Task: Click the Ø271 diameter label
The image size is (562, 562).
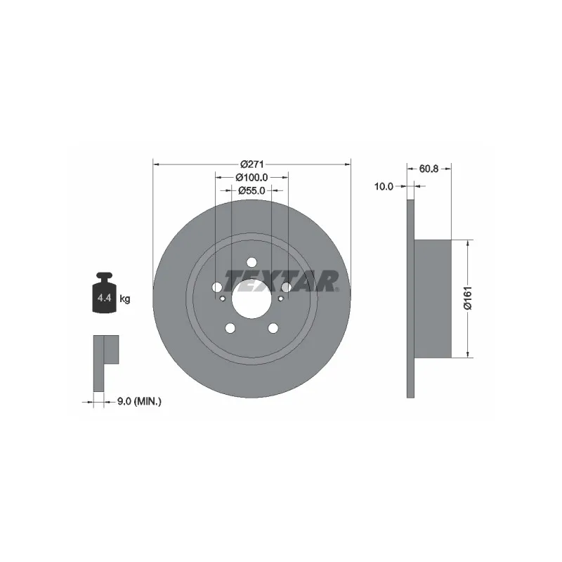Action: (x=252, y=164)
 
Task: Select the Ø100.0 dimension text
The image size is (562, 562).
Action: (x=251, y=178)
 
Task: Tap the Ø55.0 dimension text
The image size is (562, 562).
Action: (x=251, y=190)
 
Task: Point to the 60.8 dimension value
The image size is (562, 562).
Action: (x=429, y=169)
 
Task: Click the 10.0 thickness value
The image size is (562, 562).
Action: (x=384, y=186)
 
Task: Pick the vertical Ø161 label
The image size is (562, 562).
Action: (x=469, y=297)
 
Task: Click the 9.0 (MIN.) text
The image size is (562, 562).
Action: (x=139, y=402)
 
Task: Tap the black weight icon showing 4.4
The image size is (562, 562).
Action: (x=104, y=293)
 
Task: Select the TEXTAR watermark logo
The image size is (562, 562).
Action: (x=282, y=282)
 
